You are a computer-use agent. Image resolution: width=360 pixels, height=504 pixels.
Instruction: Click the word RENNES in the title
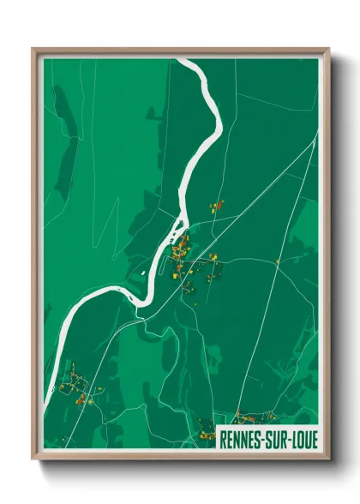(242, 437)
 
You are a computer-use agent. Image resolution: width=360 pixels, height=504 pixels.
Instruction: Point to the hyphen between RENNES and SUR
(264, 438)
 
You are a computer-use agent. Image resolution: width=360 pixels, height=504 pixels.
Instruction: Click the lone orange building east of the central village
(278, 261)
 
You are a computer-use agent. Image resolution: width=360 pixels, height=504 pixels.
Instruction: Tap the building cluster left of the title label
(206, 425)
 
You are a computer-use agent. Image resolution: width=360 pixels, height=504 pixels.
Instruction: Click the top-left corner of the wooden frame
(33, 49)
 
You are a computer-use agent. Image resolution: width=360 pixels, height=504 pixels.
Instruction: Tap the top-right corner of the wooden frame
(328, 49)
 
